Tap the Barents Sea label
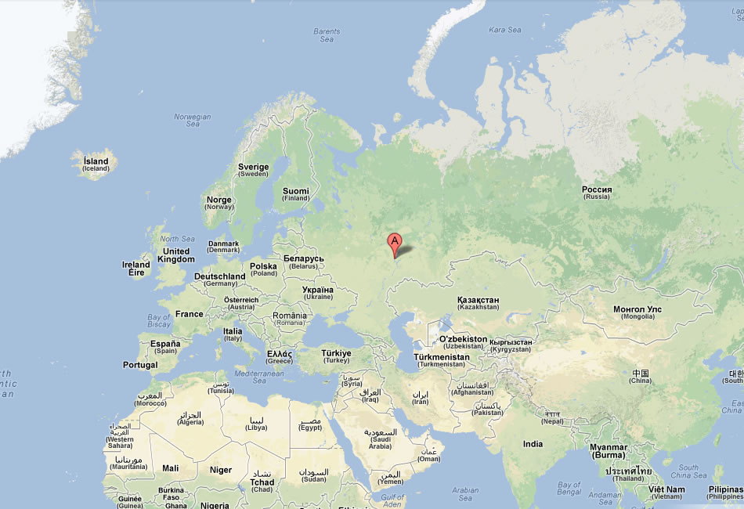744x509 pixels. (x=327, y=35)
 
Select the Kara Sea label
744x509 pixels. (x=504, y=30)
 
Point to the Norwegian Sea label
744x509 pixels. (x=193, y=121)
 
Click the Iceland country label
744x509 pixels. (x=96, y=164)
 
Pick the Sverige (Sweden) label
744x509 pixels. (x=253, y=170)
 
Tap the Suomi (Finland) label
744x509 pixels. (x=296, y=194)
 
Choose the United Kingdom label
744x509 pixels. (x=175, y=255)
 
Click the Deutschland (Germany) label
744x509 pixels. (x=219, y=280)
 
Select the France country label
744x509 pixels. (x=189, y=314)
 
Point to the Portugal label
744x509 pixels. (x=140, y=365)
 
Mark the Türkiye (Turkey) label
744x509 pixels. (x=337, y=356)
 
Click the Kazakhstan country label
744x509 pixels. (x=478, y=303)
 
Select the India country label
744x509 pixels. (x=533, y=444)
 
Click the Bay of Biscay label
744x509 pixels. (x=159, y=320)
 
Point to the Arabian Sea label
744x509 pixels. (x=465, y=493)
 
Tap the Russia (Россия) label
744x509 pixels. (x=597, y=193)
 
